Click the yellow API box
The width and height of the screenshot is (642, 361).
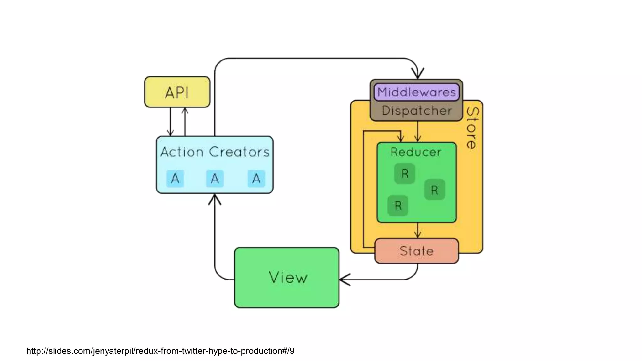[177, 92]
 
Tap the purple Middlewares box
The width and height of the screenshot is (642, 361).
[416, 92]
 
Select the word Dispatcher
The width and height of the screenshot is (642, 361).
[417, 111]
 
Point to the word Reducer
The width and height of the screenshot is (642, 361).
[416, 152]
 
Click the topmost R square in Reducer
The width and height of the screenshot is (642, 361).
[405, 173]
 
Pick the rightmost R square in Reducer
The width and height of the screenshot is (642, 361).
[434, 190]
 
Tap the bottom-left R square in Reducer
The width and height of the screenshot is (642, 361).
[398, 206]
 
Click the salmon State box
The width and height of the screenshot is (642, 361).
[417, 251]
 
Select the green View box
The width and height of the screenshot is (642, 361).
[287, 278]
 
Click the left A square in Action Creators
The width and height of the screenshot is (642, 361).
[175, 179]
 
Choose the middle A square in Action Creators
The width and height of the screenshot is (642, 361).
[215, 179]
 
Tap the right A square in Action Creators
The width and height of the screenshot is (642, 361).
[256, 179]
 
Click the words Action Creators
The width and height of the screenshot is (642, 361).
[215, 152]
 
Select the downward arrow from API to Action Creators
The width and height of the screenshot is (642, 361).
[170, 122]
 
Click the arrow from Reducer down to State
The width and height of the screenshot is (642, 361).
[418, 231]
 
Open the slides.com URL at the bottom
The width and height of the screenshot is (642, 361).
[160, 351]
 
